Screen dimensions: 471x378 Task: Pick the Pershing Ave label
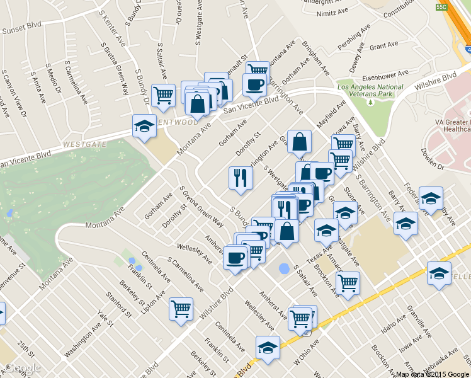[363, 40]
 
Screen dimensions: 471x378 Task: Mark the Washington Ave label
[82, 341]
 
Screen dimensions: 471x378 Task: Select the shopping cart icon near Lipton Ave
[181, 309]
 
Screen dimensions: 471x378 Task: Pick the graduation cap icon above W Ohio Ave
[268, 348]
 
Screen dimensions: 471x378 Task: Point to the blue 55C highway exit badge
[441, 6]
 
